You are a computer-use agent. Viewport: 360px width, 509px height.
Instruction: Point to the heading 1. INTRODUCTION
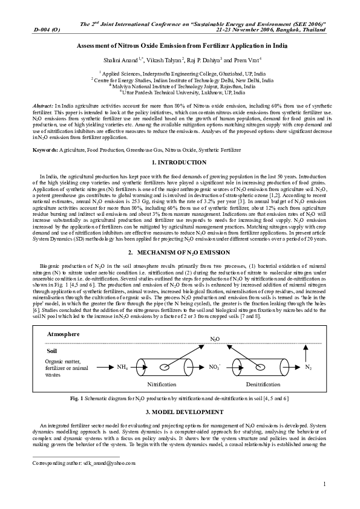[x=180, y=163]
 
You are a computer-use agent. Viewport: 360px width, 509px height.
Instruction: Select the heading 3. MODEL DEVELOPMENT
[x=180, y=412]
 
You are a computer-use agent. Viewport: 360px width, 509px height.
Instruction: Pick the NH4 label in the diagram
[x=123, y=367]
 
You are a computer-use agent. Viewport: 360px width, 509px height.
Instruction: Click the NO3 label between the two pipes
[x=215, y=367]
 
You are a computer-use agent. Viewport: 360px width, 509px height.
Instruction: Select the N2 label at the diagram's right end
[x=308, y=367]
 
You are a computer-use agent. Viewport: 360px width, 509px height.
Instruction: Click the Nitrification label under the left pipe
[x=162, y=385]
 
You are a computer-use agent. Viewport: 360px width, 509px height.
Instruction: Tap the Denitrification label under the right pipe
[x=263, y=385]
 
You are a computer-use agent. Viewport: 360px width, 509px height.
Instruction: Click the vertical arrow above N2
[x=308, y=352]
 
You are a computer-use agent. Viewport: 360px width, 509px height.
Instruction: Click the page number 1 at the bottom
[x=325, y=484]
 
